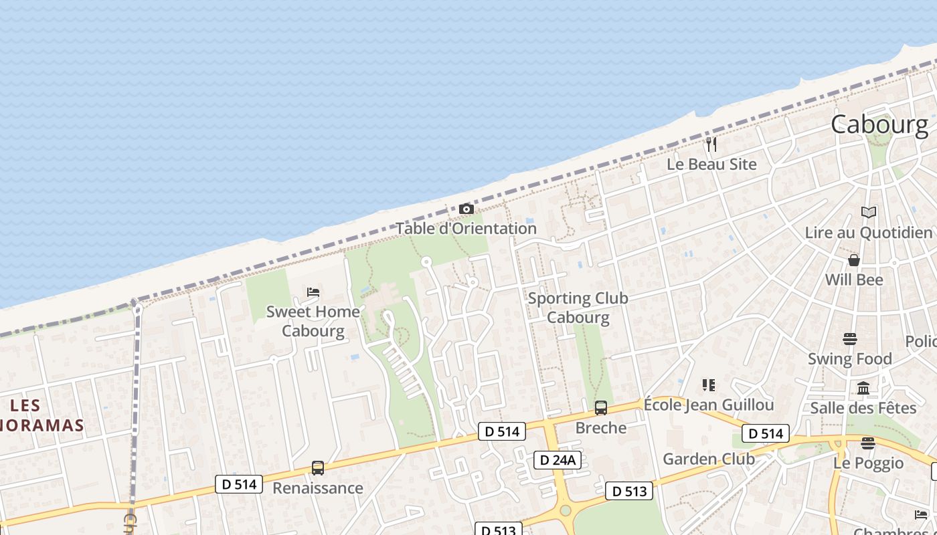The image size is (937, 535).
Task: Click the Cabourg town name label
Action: [x=879, y=124]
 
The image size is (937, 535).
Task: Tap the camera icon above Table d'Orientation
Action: [x=466, y=209]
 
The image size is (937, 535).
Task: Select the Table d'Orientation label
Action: [x=466, y=228]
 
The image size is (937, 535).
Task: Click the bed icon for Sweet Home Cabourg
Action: [x=313, y=292]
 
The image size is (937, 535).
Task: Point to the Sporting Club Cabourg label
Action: [x=578, y=308]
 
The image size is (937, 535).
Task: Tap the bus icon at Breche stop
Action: [x=601, y=408]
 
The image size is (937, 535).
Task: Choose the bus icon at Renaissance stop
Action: [x=318, y=468]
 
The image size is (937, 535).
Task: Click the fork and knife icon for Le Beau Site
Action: [x=711, y=144]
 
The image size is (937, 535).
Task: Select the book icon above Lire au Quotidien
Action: [x=869, y=213]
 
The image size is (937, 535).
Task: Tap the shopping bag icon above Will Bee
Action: [x=854, y=260]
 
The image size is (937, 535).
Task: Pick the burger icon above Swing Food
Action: [x=850, y=339]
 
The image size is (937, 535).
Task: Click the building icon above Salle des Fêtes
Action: [x=863, y=388]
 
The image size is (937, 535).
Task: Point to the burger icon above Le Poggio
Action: [x=868, y=443]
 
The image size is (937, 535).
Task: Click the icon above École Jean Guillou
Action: [x=709, y=385]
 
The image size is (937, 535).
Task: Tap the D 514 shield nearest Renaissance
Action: [x=239, y=484]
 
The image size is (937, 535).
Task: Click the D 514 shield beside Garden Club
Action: [x=766, y=433]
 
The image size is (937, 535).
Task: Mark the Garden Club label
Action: [x=709, y=459]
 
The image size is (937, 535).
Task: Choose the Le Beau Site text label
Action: [x=711, y=165]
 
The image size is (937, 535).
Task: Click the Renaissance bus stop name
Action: [x=318, y=488]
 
